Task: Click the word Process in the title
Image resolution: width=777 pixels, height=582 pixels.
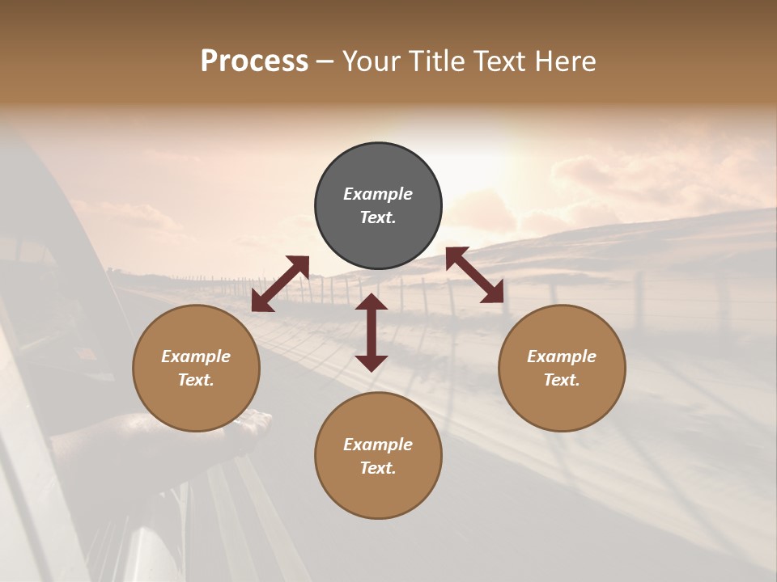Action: (254, 61)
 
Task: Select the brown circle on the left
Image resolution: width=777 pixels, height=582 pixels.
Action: (196, 404)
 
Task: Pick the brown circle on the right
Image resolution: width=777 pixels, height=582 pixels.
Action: (562, 404)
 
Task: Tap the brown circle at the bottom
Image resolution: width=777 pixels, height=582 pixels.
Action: (378, 493)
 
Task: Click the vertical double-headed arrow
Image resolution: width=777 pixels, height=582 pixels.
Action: (372, 332)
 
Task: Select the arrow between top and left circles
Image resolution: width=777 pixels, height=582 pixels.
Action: (280, 284)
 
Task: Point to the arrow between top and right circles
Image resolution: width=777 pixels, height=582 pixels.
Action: (475, 275)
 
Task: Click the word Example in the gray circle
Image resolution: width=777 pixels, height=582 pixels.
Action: (378, 194)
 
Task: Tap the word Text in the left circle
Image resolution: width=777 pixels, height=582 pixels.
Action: (196, 380)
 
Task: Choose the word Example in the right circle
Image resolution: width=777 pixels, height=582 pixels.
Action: (562, 356)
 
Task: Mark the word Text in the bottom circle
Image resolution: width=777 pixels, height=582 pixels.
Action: (378, 468)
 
